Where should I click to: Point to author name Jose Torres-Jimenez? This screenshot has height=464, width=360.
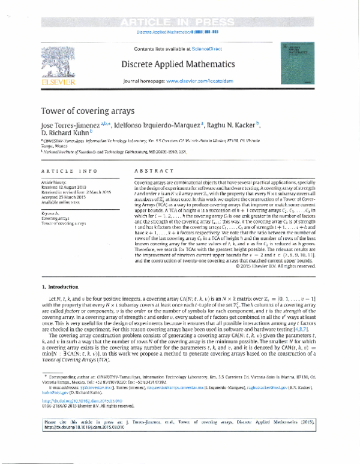tap(70, 125)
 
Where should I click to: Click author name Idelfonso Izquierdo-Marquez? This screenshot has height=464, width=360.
tap(166, 125)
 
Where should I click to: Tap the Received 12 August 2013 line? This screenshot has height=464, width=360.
tap(64, 185)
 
